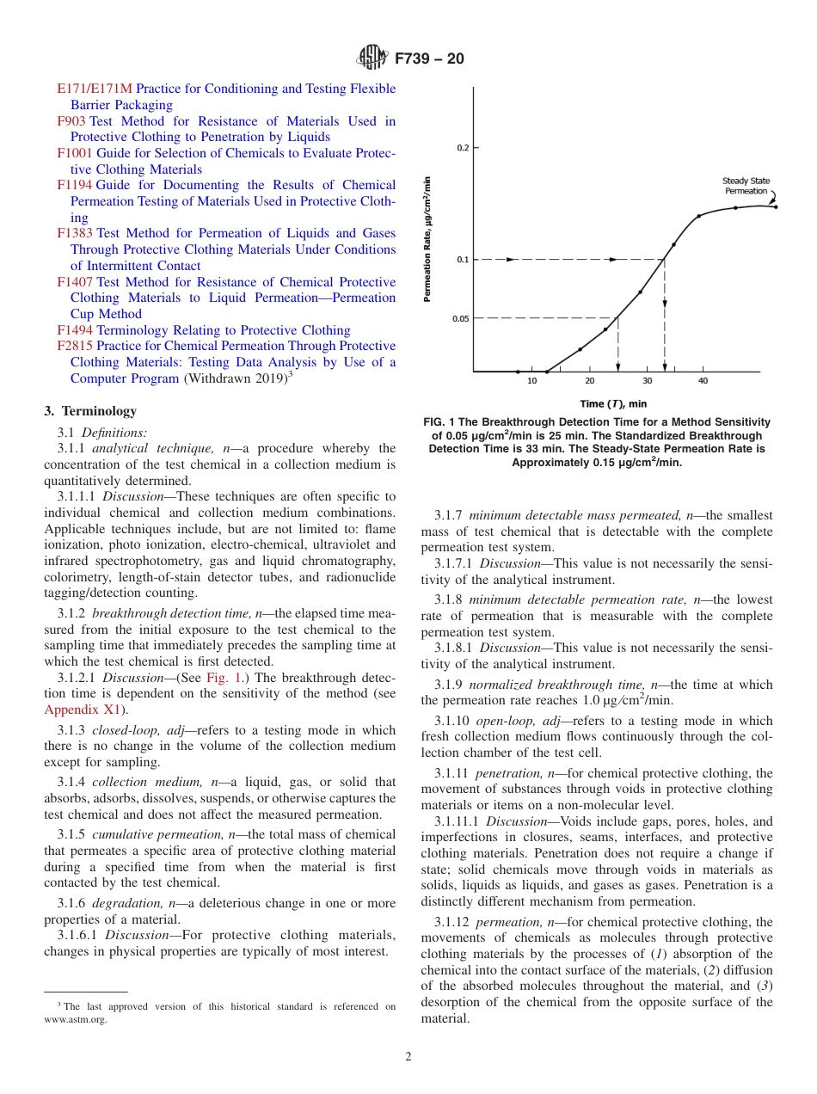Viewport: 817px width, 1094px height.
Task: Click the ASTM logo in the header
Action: (373, 59)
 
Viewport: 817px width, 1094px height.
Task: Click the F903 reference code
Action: (71, 121)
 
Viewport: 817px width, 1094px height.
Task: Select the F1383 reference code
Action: (75, 233)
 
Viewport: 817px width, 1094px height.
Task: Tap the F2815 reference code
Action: (75, 346)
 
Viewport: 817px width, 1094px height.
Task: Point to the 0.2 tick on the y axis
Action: (464, 148)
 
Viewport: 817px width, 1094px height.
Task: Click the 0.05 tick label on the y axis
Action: (461, 319)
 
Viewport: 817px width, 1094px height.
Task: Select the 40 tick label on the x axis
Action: (703, 381)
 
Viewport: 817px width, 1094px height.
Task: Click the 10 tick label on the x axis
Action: (531, 381)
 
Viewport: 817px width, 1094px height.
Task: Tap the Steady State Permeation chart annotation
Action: (746, 186)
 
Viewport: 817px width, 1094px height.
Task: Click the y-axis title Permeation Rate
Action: (427, 239)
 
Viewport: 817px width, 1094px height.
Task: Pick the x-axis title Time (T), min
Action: (613, 403)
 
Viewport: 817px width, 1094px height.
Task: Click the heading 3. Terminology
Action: (90, 412)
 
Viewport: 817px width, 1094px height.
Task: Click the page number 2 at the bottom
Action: (408, 1057)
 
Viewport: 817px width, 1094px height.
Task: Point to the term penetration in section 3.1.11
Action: (511, 773)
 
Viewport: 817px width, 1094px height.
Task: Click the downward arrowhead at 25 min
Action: (618, 362)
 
